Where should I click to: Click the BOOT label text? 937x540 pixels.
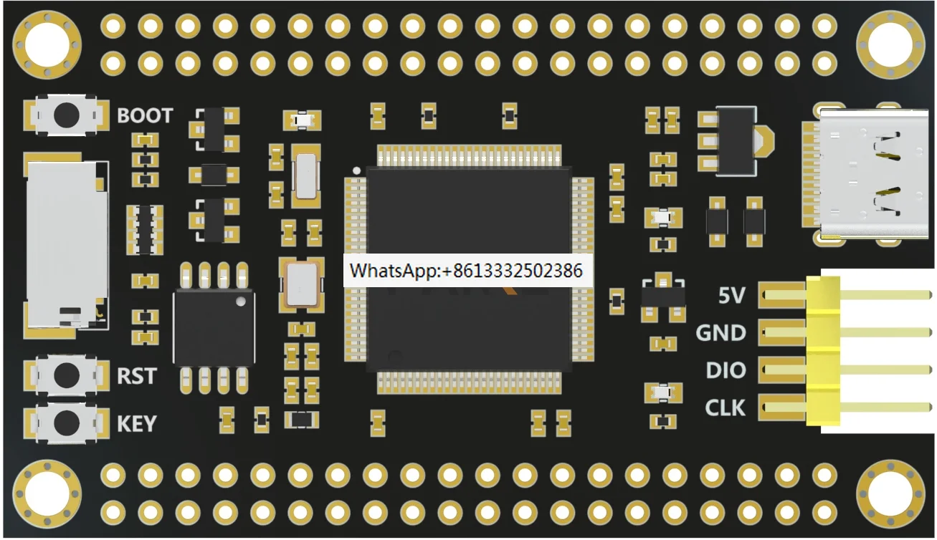point(145,116)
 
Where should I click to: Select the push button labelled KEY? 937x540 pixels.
point(67,422)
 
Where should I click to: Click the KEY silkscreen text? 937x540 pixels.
point(136,424)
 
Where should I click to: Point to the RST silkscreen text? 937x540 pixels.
point(136,375)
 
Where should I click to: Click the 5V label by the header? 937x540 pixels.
point(731,295)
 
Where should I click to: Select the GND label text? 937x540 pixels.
point(720,333)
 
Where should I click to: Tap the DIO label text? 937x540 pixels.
point(726,371)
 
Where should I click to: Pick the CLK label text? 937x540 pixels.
point(725,408)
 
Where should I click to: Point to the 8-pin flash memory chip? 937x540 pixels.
point(214,327)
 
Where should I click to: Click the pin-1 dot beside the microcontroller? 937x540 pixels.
point(356,170)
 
